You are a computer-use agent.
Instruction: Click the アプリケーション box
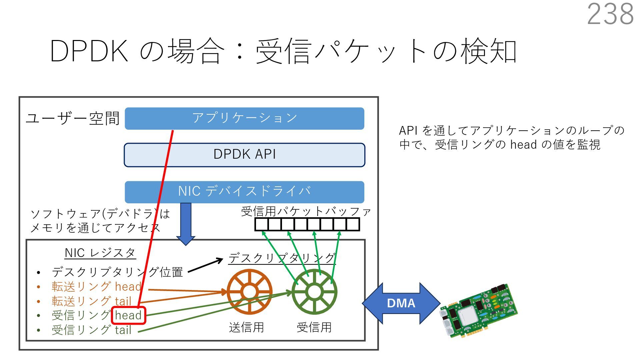click(x=244, y=118)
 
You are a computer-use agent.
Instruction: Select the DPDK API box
click(x=244, y=155)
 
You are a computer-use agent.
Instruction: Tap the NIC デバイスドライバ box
click(x=244, y=192)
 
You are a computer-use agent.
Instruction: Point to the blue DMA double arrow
click(x=401, y=303)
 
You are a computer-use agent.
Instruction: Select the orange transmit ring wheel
click(x=249, y=292)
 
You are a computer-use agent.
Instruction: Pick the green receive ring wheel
click(x=314, y=292)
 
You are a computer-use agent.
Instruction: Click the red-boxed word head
click(x=128, y=315)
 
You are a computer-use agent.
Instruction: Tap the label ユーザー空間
click(x=73, y=118)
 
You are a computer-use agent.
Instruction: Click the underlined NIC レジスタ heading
click(x=100, y=253)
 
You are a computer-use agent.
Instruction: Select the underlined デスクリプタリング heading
click(x=282, y=258)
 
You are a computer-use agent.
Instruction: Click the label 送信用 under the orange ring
click(x=246, y=327)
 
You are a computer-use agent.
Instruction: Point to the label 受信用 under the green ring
click(x=314, y=327)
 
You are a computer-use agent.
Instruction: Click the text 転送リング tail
click(x=92, y=301)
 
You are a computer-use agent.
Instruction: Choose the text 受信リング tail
click(x=92, y=330)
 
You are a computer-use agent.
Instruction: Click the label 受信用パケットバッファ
click(x=306, y=211)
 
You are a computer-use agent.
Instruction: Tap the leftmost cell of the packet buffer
click(x=261, y=224)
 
